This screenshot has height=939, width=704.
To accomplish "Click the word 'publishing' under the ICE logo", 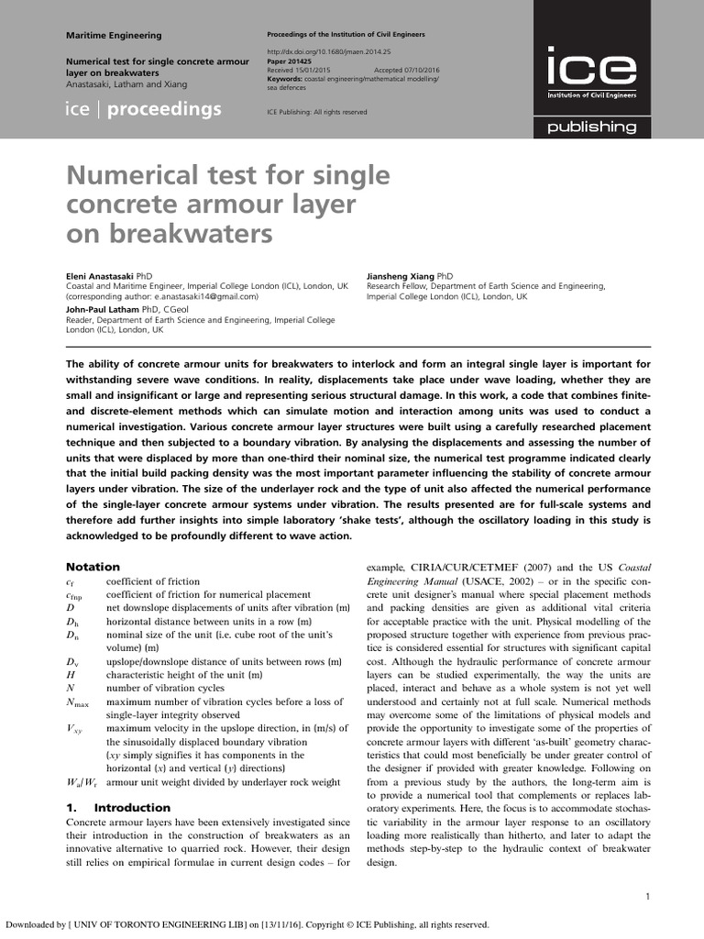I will (x=591, y=127).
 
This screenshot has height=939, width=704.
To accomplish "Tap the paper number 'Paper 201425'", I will (x=289, y=61).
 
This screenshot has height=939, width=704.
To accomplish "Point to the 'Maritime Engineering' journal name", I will (x=114, y=36).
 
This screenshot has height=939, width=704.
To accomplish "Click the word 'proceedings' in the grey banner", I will (x=164, y=110).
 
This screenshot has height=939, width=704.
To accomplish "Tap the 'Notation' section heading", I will (x=93, y=567).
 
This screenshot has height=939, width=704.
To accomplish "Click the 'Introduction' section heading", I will (x=132, y=807).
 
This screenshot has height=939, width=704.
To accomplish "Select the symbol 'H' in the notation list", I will (x=70, y=674).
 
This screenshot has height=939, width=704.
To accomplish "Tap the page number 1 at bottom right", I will (x=647, y=896).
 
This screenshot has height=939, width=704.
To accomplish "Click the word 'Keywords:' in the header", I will (x=284, y=78).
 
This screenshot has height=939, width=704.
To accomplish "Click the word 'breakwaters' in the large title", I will (x=191, y=234).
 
